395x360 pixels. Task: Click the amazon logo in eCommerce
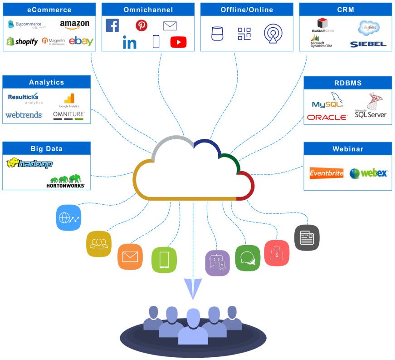(x=74, y=25)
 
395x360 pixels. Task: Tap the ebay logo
(x=81, y=41)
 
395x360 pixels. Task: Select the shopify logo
(x=22, y=42)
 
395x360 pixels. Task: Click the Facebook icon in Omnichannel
(x=112, y=25)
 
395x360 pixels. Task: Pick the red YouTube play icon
(x=178, y=42)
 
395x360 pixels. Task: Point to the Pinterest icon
(x=141, y=25)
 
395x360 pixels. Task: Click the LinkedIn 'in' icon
(x=129, y=43)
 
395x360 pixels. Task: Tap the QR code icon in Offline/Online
(x=244, y=34)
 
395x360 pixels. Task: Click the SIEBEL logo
(x=368, y=44)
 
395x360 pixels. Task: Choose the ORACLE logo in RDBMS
(x=327, y=117)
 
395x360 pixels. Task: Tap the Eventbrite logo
(x=326, y=173)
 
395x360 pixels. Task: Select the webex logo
(x=368, y=173)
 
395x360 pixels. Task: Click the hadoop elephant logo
(x=29, y=163)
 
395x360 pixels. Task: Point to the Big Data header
(x=47, y=148)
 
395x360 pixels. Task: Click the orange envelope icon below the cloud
(x=130, y=256)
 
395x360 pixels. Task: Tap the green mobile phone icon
(x=164, y=260)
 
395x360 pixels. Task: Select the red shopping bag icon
(x=277, y=253)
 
